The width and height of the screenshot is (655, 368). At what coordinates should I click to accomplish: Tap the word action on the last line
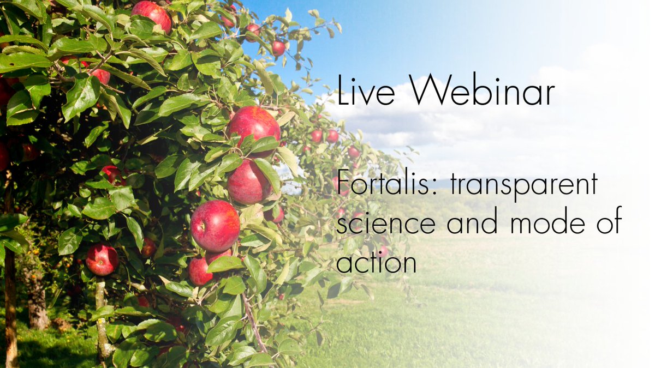[376, 262]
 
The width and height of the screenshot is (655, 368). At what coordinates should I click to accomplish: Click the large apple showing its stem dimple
[215, 225]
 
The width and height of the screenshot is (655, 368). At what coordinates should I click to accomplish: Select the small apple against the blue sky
[278, 48]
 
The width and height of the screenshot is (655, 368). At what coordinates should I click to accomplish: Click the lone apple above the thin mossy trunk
[102, 259]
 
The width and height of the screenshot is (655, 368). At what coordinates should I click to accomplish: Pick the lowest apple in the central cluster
[202, 270]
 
